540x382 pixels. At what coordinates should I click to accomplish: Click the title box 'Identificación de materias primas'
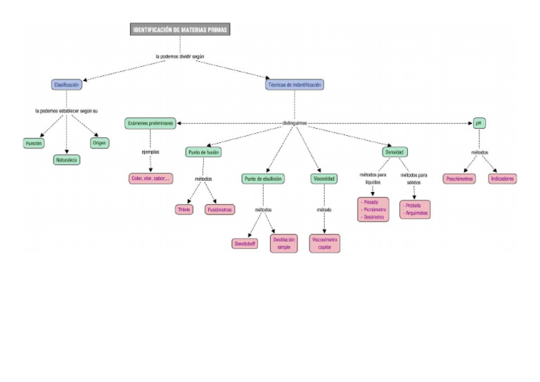[181, 30]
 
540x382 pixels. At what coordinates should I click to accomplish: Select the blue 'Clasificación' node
[67, 84]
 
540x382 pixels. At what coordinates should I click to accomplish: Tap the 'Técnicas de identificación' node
[295, 84]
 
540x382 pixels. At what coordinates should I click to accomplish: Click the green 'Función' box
[34, 144]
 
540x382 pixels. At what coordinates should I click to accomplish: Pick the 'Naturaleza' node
[67, 160]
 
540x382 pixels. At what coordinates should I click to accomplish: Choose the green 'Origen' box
[100, 143]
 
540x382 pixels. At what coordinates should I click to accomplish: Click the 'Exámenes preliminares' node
[150, 123]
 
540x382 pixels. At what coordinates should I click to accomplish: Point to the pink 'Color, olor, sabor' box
[150, 179]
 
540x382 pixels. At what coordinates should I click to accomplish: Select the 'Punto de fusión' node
[205, 152]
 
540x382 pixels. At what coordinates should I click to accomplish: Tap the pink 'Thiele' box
[185, 210]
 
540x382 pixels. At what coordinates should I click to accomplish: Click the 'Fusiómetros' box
[219, 210]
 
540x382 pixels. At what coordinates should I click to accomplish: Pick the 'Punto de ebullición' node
[264, 179]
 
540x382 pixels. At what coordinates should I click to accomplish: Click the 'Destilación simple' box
[283, 243]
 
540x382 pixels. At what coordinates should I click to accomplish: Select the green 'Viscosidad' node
[324, 179]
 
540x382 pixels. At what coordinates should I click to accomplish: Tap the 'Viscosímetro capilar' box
[324, 243]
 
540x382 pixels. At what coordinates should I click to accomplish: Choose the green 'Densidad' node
[394, 152]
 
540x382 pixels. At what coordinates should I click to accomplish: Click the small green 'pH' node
[479, 123]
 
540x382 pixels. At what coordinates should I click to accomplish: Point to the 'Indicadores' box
[502, 179]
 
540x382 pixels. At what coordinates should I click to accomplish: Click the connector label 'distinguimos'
[294, 123]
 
